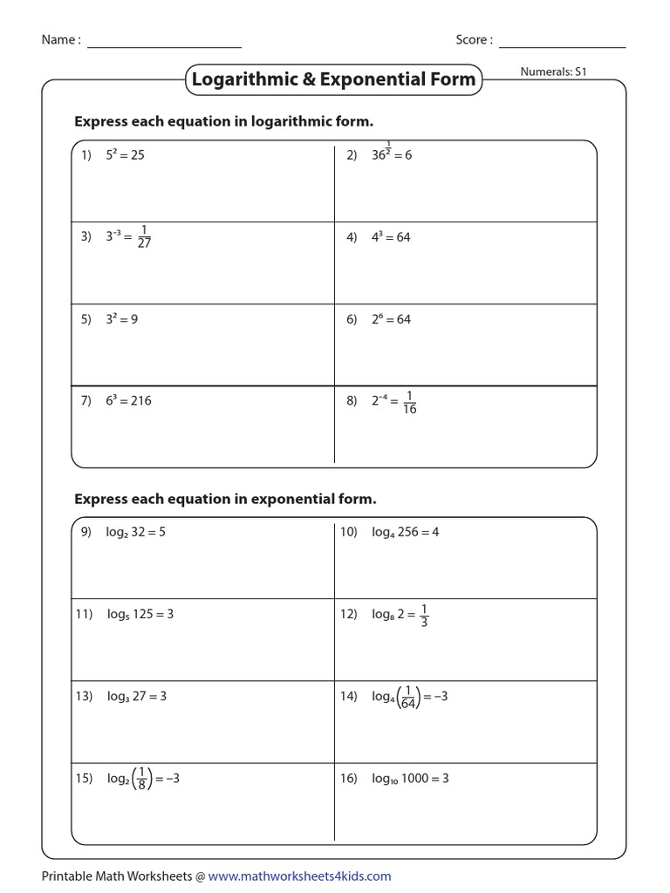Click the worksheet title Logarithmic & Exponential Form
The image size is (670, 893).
[x=334, y=79]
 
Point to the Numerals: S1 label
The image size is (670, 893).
[x=553, y=72]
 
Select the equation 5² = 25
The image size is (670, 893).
[x=125, y=155]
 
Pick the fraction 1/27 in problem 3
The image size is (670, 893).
[x=144, y=237]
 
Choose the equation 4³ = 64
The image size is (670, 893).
[x=391, y=237]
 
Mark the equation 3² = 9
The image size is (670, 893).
[x=122, y=319]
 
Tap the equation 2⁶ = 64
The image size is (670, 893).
[x=391, y=319]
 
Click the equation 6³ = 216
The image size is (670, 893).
[x=128, y=401]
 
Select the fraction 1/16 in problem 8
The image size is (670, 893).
[x=409, y=402]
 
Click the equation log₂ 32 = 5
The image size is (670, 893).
[x=136, y=532]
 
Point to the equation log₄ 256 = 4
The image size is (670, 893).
[x=406, y=532]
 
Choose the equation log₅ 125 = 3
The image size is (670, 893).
[x=140, y=614]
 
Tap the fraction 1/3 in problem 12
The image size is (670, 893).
[x=424, y=615]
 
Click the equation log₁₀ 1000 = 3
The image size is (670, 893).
[x=410, y=779]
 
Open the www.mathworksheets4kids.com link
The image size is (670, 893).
[x=299, y=876]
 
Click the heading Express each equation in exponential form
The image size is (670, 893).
[x=225, y=500]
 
